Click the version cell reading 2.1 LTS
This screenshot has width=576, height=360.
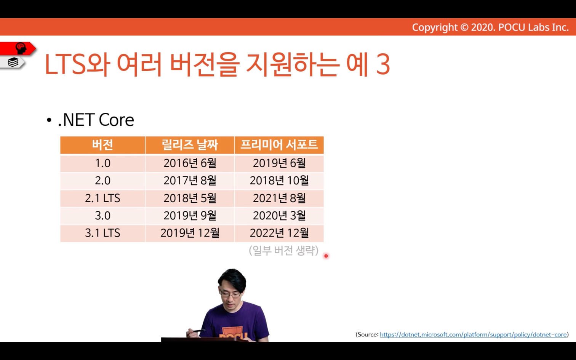point(102,198)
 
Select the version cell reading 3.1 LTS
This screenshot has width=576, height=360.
point(102,233)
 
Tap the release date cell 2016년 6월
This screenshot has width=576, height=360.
point(190,163)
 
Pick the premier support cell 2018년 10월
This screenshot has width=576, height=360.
point(279,181)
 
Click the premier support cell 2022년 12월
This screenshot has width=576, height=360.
point(279,233)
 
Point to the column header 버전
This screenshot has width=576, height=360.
point(102,145)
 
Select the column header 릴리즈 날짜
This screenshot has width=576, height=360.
point(190,145)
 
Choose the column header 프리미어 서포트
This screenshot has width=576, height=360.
point(279,145)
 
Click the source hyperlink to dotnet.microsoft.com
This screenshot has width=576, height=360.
point(474,334)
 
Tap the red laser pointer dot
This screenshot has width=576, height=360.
point(326,256)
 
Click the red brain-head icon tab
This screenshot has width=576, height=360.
point(18,48)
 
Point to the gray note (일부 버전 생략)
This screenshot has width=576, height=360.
point(284,250)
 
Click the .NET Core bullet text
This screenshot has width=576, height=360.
point(96,120)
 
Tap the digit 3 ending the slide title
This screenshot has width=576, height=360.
point(383,64)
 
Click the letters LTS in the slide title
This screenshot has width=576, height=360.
point(65,64)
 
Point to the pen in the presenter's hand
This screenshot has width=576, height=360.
point(196,331)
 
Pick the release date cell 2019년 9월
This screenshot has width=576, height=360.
point(190,216)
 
